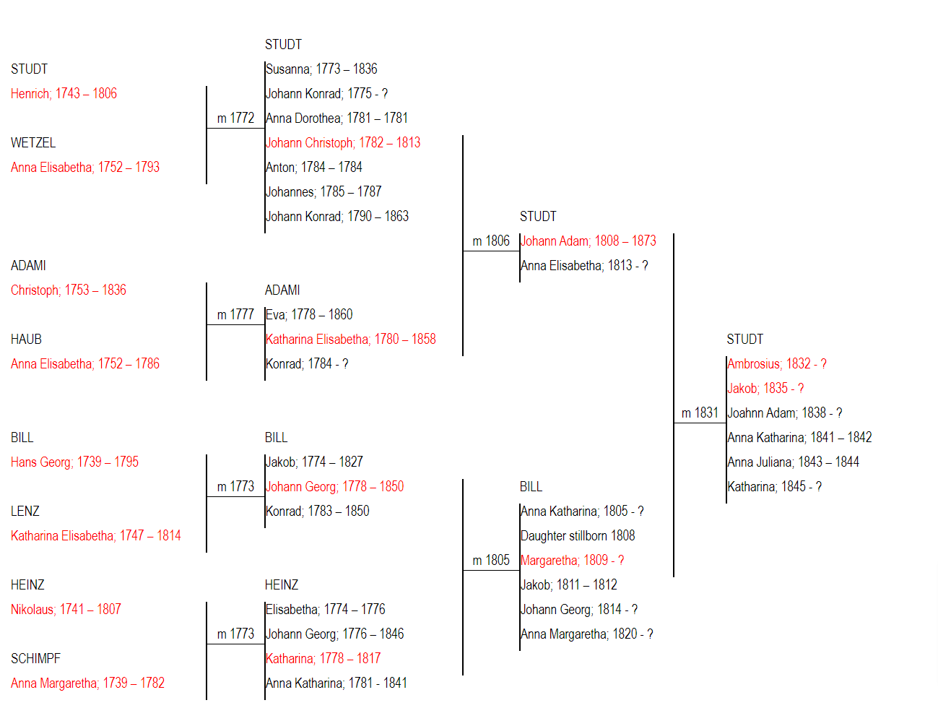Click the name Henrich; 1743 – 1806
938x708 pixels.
(64, 93)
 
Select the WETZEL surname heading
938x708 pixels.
(33, 142)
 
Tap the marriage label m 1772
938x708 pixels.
(235, 118)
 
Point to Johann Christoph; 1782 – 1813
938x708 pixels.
(343, 142)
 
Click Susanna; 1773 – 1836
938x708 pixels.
(321, 69)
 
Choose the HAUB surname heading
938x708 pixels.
(26, 339)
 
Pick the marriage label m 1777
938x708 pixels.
(235, 314)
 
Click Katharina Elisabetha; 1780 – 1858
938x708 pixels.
(350, 339)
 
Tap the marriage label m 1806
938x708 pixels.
(491, 241)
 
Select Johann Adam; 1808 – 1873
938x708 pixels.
(588, 241)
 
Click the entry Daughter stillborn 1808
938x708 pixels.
(578, 535)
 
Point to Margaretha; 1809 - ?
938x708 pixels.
(572, 560)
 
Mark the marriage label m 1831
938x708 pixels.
(700, 413)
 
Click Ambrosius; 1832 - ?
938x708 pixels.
(777, 363)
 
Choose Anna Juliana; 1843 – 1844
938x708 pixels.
(793, 462)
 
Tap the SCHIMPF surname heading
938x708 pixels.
(35, 658)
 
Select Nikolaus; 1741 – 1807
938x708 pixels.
(66, 609)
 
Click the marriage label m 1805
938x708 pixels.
(491, 560)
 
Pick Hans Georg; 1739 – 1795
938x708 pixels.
(74, 462)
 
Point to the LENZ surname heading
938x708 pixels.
(25, 511)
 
